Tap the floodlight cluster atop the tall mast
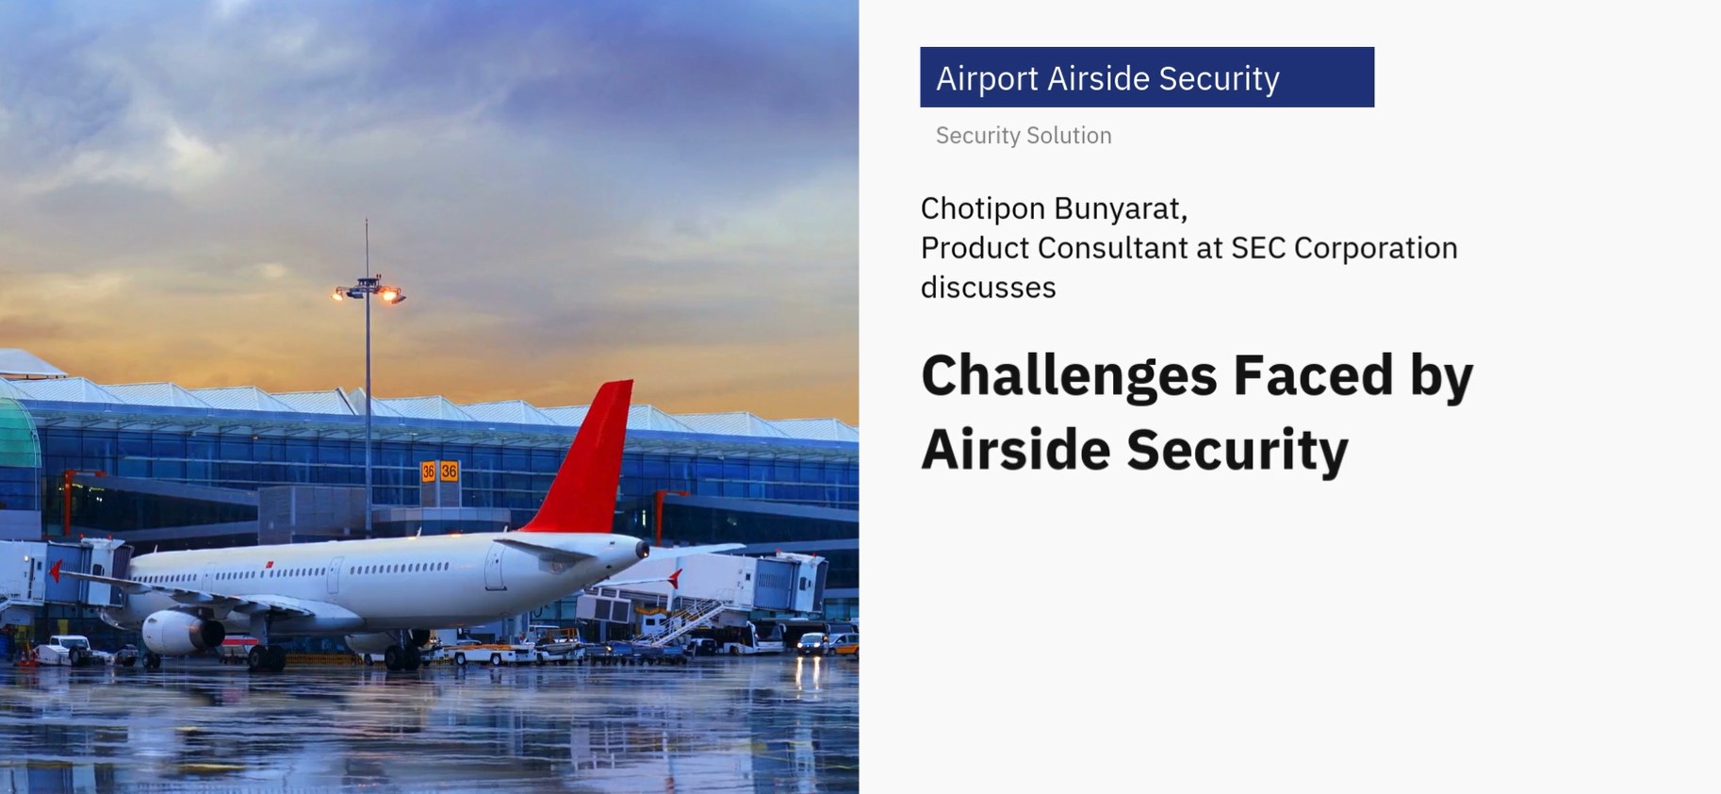point(369,290)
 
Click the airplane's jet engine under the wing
point(182,633)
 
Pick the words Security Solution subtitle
point(1024,136)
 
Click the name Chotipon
point(983,209)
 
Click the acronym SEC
point(1258,248)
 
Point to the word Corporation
point(1376,248)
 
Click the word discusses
point(989,288)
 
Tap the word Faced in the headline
point(1313,374)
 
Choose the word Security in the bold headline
point(1237,451)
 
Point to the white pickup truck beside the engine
point(66,650)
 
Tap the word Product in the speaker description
point(975,248)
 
